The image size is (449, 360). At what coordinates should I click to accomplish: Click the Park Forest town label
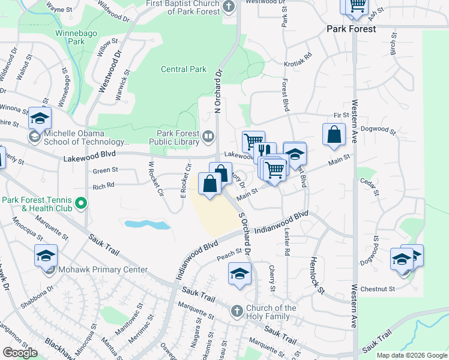(x=351, y=29)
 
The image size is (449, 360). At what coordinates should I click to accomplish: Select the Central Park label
(x=184, y=70)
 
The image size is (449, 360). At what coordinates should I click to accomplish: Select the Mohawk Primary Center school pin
(x=46, y=257)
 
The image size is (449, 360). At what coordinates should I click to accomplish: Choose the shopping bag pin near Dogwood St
(x=334, y=134)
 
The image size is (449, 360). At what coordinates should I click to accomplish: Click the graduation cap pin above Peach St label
(x=239, y=274)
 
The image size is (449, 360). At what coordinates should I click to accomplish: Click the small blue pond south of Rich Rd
(x=147, y=224)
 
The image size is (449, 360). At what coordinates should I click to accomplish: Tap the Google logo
(x=20, y=353)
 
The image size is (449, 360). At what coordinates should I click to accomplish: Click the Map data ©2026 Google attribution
(x=411, y=355)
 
